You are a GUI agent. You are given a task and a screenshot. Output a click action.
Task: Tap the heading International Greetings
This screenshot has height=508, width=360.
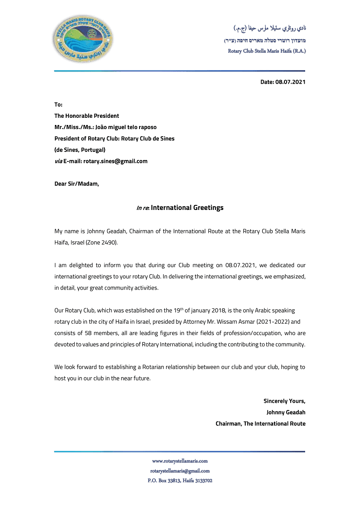pyautogui.click(x=187, y=208)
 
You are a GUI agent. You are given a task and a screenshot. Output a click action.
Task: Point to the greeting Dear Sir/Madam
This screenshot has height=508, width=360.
pyautogui.click(x=76, y=183)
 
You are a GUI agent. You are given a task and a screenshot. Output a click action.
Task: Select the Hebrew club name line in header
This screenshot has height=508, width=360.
pyautogui.click(x=265, y=40)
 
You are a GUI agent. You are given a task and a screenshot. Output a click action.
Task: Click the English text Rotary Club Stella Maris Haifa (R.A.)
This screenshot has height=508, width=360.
pyautogui.click(x=267, y=51)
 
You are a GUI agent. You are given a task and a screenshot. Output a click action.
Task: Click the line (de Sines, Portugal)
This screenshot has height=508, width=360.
pyautogui.click(x=80, y=150)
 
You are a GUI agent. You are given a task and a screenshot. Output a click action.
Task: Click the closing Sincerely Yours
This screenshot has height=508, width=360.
pyautogui.click(x=284, y=401)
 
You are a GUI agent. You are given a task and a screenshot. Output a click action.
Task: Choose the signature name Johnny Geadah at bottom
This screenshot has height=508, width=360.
pyautogui.click(x=286, y=412)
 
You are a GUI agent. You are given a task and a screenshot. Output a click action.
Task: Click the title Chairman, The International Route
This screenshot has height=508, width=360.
pyautogui.click(x=260, y=423)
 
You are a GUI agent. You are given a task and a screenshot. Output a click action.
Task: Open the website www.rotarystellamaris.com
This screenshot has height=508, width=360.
pyautogui.click(x=180, y=461)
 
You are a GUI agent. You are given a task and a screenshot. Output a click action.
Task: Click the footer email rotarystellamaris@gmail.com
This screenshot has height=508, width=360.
pyautogui.click(x=180, y=471)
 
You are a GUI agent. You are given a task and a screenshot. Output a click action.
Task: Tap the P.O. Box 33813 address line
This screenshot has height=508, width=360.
pyautogui.click(x=180, y=481)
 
